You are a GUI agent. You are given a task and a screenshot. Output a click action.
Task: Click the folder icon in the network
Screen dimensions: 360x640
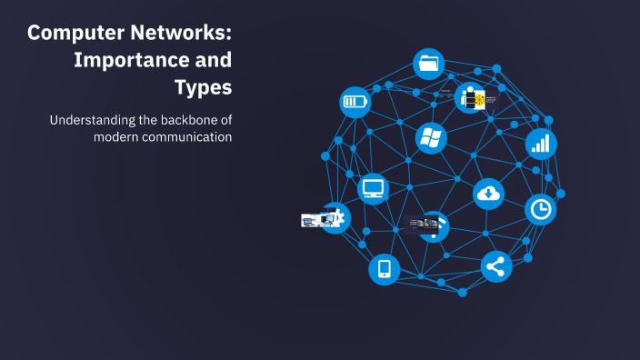point(428,64)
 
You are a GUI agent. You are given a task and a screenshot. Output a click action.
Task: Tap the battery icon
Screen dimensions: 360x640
point(355,101)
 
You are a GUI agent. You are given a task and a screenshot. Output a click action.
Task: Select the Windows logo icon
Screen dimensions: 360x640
point(430,138)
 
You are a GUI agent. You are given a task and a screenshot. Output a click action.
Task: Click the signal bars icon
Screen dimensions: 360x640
point(541,143)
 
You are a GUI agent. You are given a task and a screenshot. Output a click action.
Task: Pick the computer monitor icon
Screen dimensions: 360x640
point(373,188)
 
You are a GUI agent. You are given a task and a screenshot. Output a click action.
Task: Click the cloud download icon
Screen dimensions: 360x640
point(488,193)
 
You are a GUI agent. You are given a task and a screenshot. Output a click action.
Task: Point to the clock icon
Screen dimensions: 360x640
point(541,209)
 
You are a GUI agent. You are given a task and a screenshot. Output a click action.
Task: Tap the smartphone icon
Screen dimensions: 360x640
point(384,269)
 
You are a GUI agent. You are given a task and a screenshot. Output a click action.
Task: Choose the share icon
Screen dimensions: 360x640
point(495,266)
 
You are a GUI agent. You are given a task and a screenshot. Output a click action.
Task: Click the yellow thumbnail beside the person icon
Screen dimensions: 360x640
point(479,101)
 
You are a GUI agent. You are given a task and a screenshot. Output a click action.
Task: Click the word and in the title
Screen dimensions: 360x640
point(215,61)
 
